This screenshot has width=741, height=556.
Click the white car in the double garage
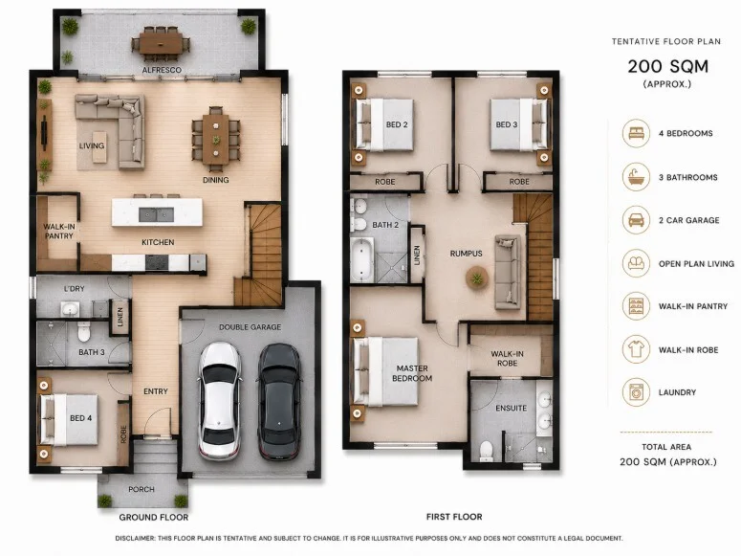tap(219, 401)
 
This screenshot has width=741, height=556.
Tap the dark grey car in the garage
tap(279, 402)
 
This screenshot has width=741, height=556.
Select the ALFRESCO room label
tap(163, 70)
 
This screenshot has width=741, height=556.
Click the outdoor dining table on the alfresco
tap(161, 43)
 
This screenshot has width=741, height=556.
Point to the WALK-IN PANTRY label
tap(59, 231)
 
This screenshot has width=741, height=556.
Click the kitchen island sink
tap(156, 214)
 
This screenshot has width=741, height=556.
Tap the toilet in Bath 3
tap(83, 332)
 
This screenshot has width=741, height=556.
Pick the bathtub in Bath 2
tap(362, 259)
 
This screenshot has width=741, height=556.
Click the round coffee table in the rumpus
tap(477, 278)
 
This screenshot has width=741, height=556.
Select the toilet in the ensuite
tap(486, 451)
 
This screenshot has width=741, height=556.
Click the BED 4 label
tap(81, 418)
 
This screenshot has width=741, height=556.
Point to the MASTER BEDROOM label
tap(412, 373)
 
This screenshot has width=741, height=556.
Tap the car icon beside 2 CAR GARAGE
tap(636, 220)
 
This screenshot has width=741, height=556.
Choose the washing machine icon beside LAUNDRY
tap(636, 392)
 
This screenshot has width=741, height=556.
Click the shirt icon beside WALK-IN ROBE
tap(636, 349)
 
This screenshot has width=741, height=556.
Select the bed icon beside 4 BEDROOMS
tap(636, 133)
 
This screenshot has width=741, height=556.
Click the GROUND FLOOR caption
tap(154, 517)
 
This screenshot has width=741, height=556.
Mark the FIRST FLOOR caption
tap(454, 517)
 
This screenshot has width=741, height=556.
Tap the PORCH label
tap(142, 489)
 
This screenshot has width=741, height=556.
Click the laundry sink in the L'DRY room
tap(70, 309)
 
